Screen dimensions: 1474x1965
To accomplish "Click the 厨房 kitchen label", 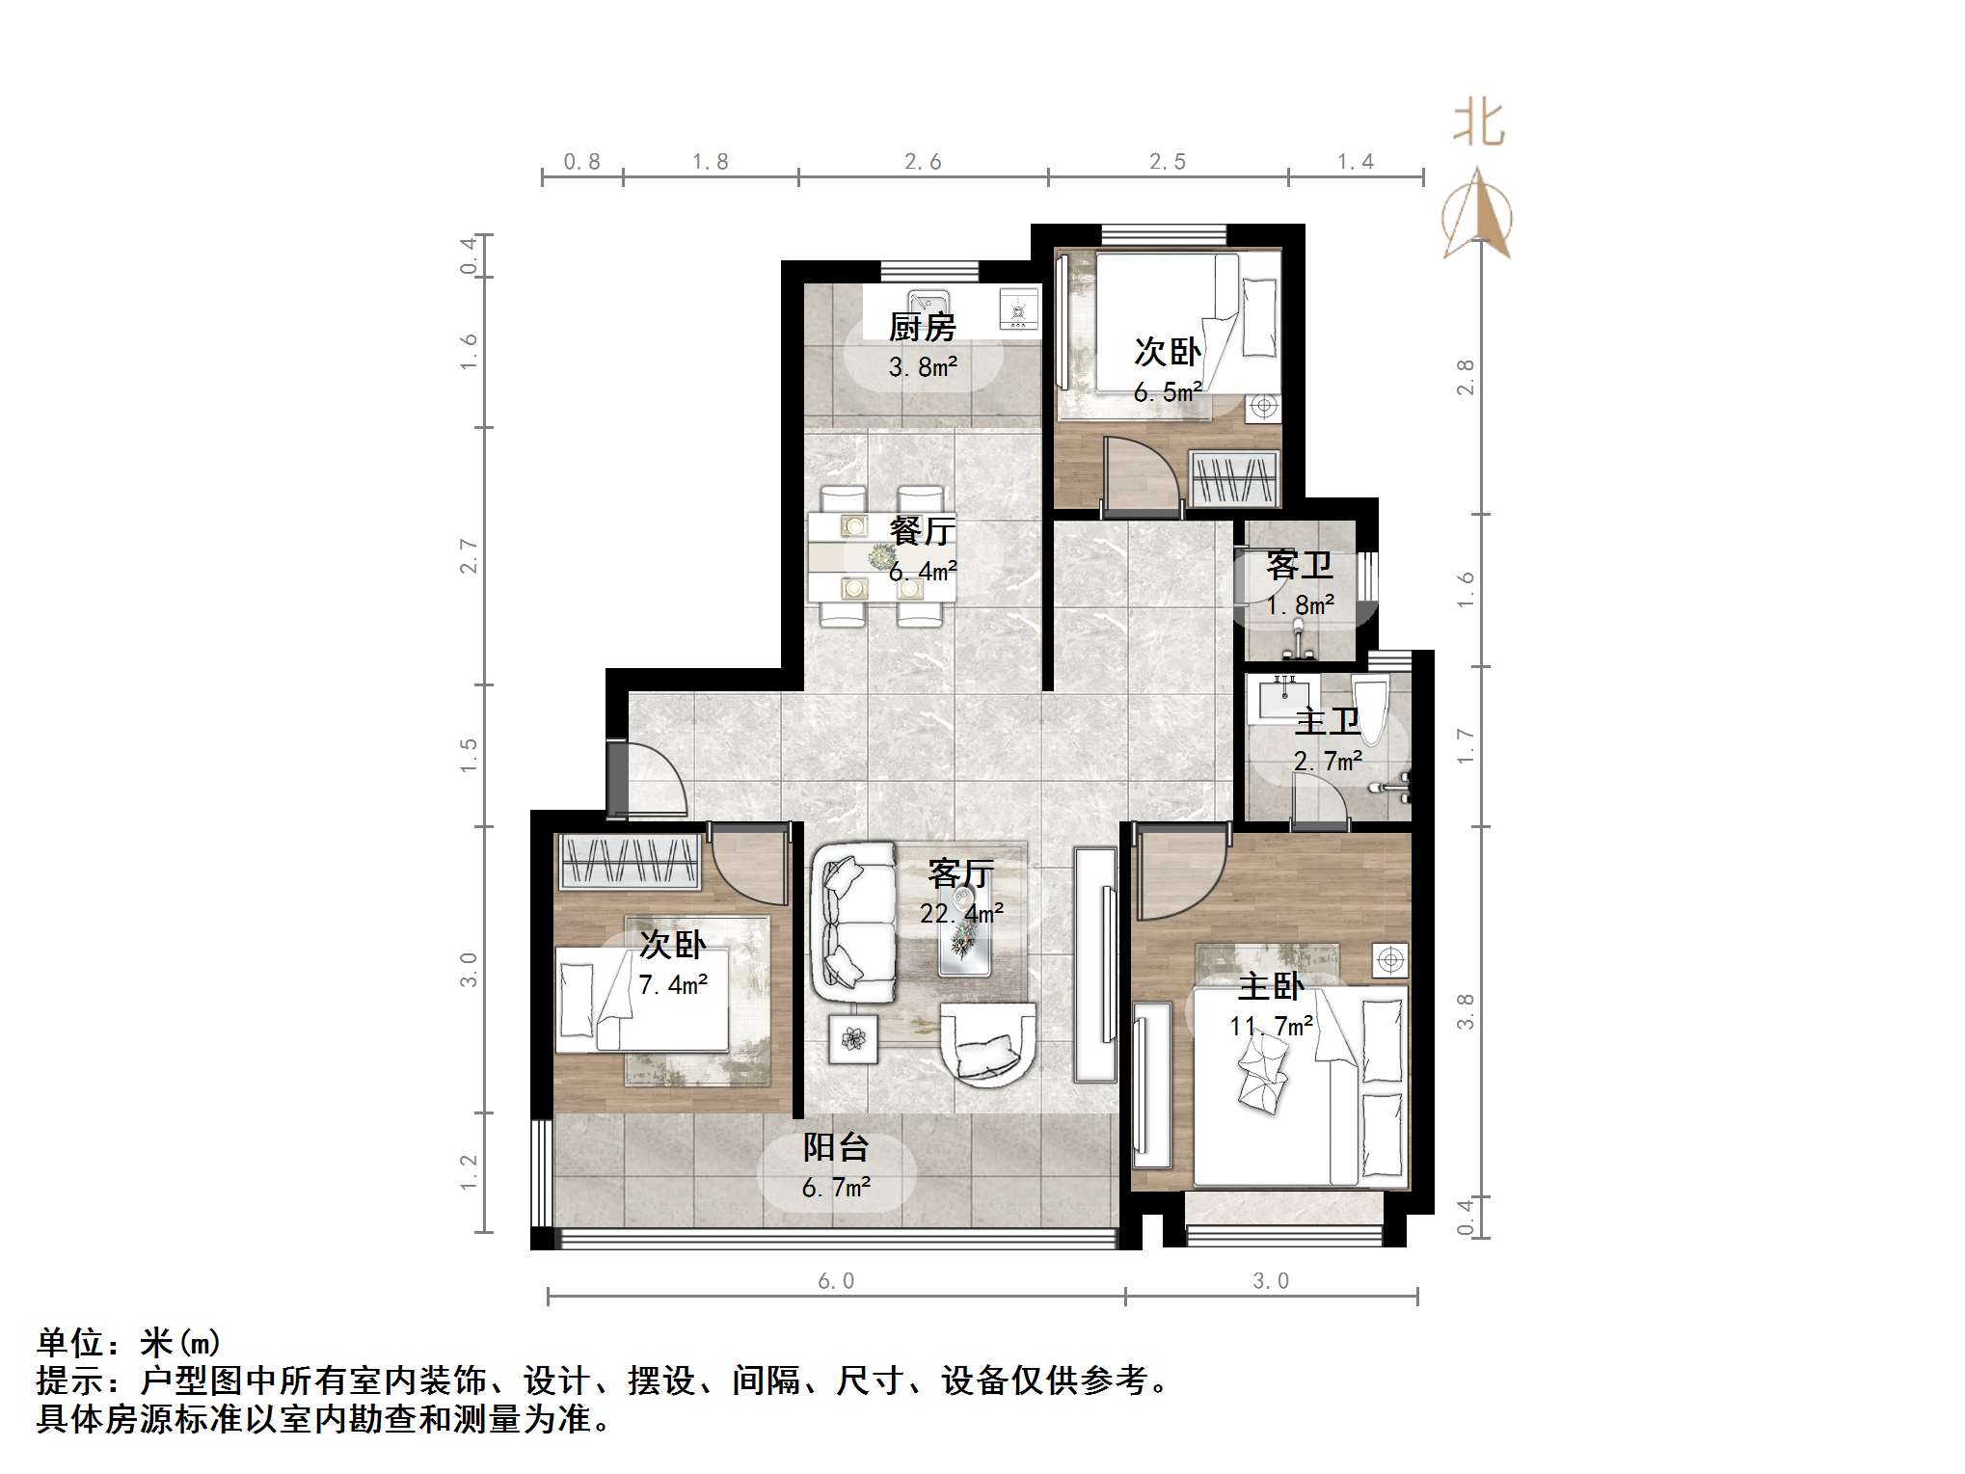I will click(922, 328).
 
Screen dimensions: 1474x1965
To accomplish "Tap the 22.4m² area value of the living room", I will click(961, 912).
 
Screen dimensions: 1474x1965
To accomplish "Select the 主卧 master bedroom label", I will click(1271, 986).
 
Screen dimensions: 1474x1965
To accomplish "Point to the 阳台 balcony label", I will click(836, 1147).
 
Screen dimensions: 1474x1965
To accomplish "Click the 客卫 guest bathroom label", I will click(1299, 565).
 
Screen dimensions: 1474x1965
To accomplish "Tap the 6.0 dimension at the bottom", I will click(836, 1280).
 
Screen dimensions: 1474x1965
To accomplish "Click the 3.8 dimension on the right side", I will click(1466, 1011).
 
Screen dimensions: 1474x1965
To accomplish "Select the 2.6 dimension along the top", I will click(923, 162).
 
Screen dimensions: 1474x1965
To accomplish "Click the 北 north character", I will click(1478, 125).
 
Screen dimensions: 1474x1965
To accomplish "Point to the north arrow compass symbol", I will click(1477, 217).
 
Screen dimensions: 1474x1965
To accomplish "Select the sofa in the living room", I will click(852, 923).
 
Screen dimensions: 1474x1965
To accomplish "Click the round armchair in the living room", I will click(988, 1044).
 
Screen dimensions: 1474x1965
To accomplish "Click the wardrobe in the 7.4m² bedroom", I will click(629, 861).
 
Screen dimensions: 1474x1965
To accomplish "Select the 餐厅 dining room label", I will click(923, 530).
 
